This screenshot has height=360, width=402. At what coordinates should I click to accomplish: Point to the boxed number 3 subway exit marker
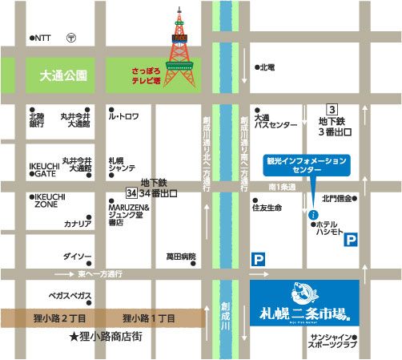click(x=330, y=109)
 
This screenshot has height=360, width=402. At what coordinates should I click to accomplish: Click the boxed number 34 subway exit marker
click(x=132, y=194)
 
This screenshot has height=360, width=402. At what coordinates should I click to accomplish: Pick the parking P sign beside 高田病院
click(x=258, y=259)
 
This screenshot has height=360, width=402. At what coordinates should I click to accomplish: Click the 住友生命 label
click(x=273, y=206)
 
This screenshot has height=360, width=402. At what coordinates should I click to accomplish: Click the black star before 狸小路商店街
click(x=73, y=338)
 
